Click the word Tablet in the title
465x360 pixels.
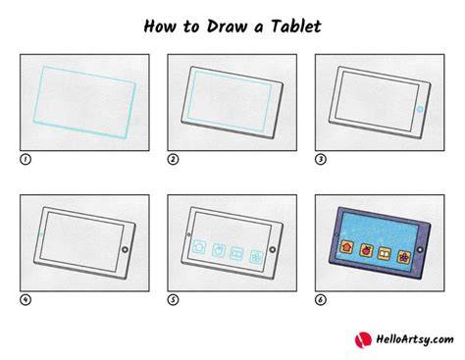point(296,26)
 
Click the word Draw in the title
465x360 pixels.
point(227,26)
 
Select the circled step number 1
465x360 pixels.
point(26,160)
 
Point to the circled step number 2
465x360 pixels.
point(173,160)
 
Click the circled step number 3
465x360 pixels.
point(321,160)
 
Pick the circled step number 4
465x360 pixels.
point(26,300)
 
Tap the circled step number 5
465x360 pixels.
point(173,300)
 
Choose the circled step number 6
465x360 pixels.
point(321,300)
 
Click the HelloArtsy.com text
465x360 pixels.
point(414,339)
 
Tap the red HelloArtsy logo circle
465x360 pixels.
point(363,339)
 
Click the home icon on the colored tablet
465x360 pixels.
point(347,246)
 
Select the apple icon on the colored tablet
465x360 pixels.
point(366,250)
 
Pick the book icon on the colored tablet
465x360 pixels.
point(385,254)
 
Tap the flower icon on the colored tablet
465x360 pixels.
point(404,257)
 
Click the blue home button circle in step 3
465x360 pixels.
point(420,109)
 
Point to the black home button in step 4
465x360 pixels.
point(125,250)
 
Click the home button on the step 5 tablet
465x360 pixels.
point(273,250)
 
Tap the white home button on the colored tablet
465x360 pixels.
point(420,250)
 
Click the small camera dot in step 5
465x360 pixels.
point(188,234)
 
